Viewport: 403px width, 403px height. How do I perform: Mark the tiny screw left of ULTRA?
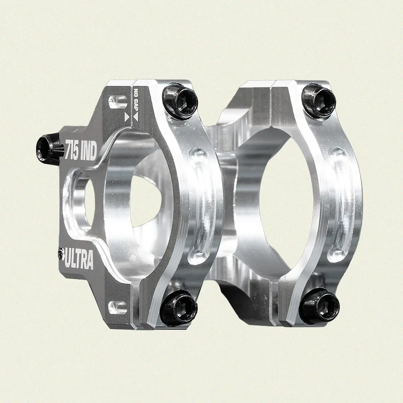click(59, 251)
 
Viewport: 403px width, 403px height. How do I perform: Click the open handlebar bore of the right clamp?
click(283, 198)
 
